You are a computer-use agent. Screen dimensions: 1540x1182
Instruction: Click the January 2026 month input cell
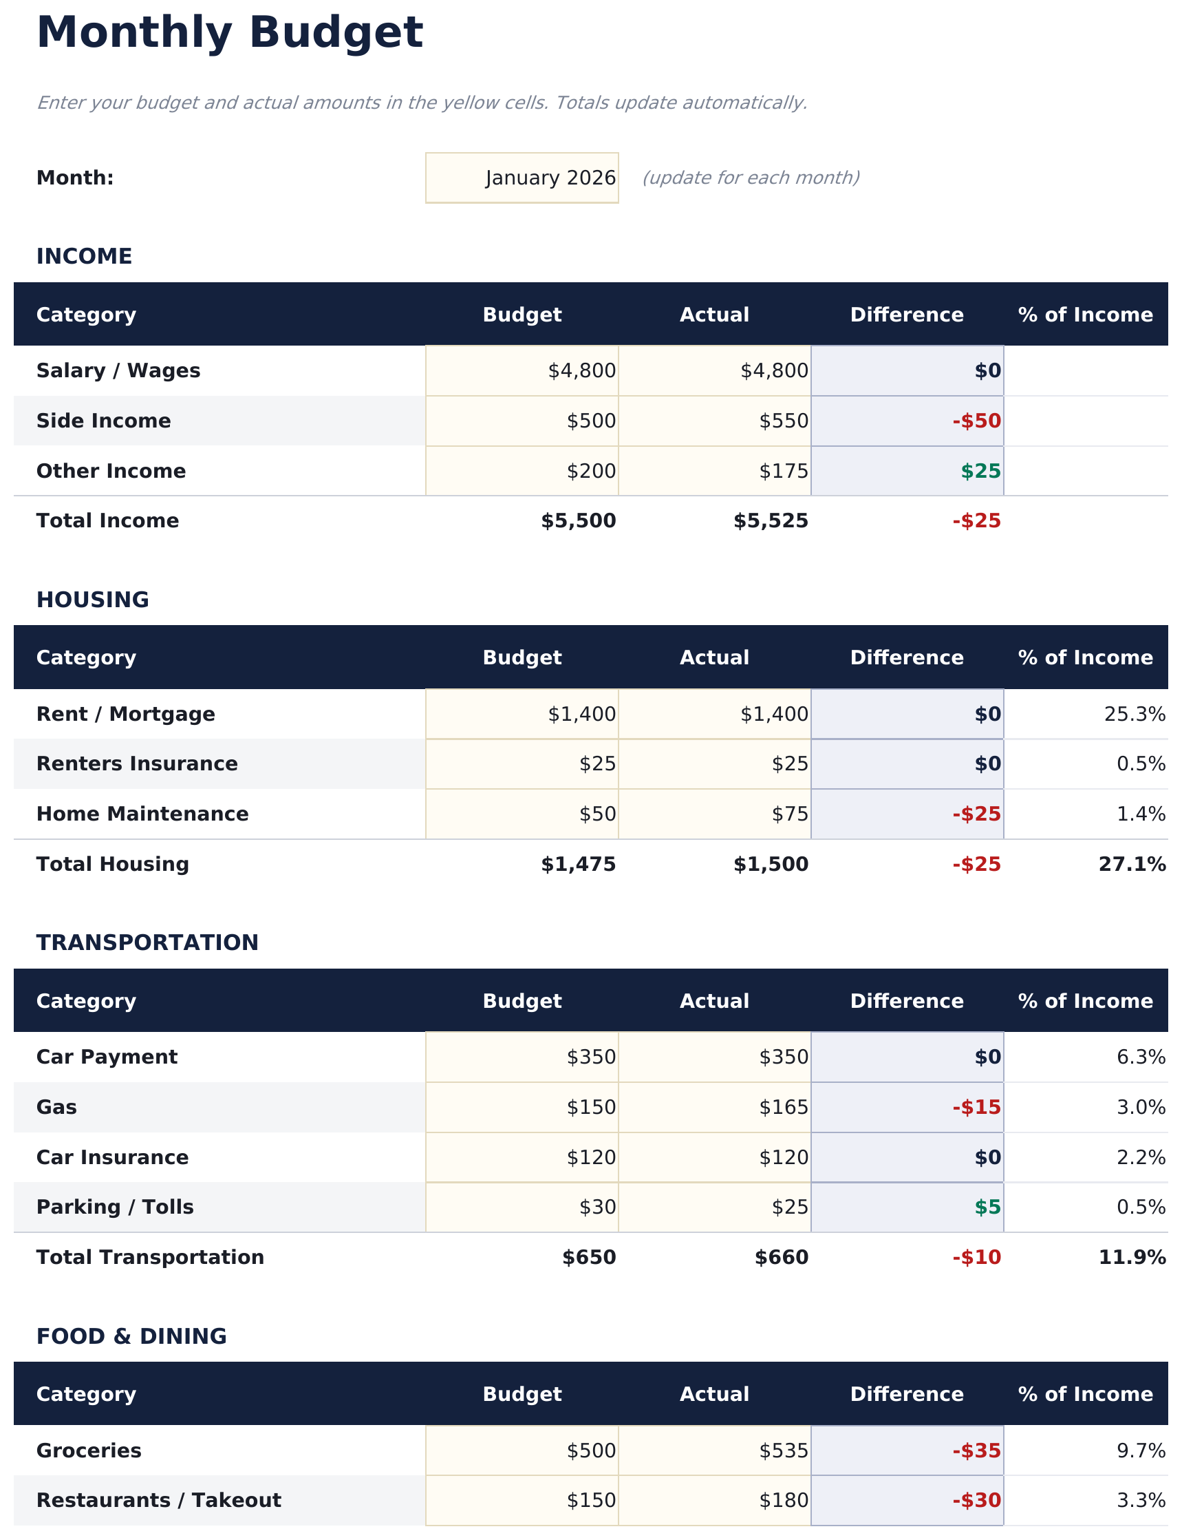(522, 178)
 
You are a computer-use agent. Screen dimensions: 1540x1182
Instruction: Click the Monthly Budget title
(229, 33)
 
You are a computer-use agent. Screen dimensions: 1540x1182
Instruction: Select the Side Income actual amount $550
(714, 421)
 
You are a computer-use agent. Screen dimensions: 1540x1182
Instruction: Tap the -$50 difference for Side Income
(976, 421)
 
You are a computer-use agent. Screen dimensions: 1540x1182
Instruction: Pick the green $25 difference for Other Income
(980, 471)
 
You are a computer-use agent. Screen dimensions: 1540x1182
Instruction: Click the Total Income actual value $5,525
(771, 521)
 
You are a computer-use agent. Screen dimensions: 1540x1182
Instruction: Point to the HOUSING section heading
(92, 600)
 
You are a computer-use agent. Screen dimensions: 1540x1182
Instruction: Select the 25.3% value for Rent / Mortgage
(1134, 715)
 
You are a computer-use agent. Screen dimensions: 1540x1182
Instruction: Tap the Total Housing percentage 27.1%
(1131, 865)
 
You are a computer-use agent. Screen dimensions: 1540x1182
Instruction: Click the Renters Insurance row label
(136, 763)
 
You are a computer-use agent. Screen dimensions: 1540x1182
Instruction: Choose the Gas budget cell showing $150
(522, 1107)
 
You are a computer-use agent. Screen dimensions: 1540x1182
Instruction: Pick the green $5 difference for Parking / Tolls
(987, 1207)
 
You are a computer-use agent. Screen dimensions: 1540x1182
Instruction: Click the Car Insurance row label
(112, 1157)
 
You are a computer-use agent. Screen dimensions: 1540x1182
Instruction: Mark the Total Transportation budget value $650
(588, 1257)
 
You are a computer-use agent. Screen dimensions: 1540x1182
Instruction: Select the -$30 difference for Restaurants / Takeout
(976, 1500)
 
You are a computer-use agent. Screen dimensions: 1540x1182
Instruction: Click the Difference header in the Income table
(906, 315)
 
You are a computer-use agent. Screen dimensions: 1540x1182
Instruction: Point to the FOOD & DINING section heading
(131, 1336)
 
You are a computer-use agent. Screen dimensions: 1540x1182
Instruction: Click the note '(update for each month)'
(750, 178)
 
